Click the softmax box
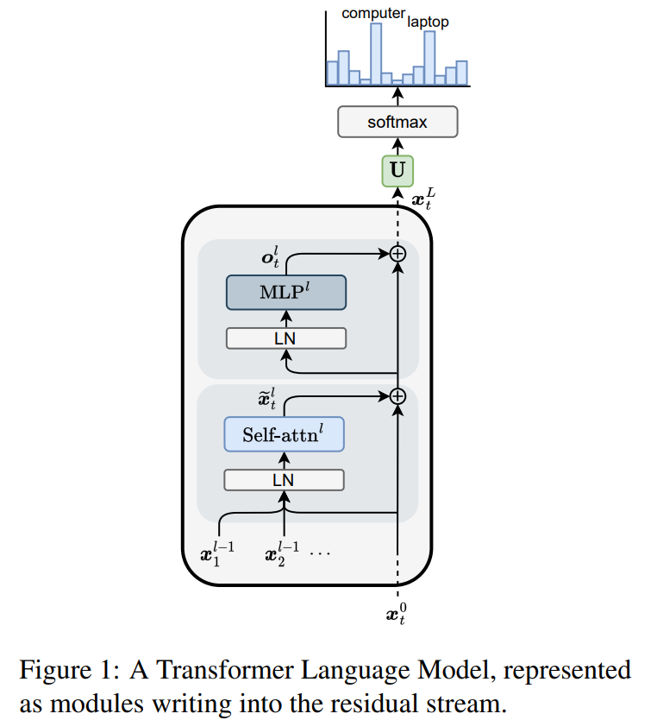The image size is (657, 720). tap(397, 122)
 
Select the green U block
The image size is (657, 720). tap(397, 171)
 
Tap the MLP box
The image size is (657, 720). tap(286, 293)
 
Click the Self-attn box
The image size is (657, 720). tap(285, 434)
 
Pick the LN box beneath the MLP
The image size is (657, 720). tap(286, 338)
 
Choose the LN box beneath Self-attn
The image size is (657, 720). tap(285, 480)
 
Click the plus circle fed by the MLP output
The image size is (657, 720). tap(397, 254)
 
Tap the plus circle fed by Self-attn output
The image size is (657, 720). tap(397, 396)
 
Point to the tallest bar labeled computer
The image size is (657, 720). tap(376, 54)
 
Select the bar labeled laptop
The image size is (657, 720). tap(429, 58)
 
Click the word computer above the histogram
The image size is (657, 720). tap(373, 14)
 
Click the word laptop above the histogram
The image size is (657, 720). tap(428, 22)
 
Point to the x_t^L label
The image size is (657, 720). tap(423, 199)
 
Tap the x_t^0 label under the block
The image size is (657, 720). tap(396, 614)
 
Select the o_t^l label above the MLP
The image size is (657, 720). tap(271, 257)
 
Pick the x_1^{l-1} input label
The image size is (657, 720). tap(217, 554)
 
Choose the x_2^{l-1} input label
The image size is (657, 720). tap(282, 554)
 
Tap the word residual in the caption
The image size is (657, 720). tap(374, 704)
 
